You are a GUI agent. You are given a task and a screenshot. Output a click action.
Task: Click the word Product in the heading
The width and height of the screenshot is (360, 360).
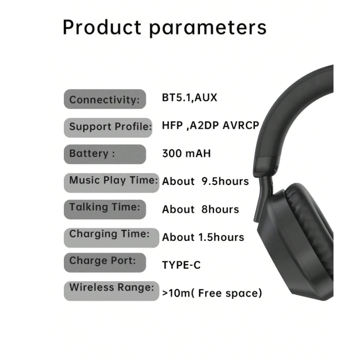(x=102, y=27)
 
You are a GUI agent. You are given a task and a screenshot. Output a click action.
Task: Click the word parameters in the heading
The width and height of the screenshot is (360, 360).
(x=208, y=29)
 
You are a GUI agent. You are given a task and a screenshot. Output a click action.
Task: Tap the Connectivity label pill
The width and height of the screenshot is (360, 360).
(x=105, y=99)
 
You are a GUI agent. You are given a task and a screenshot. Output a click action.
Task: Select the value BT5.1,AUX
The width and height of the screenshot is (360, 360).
(x=190, y=97)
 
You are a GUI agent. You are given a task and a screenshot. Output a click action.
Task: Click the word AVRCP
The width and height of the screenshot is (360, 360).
(x=241, y=125)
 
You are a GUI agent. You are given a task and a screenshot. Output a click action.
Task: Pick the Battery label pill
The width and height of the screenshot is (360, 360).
(x=105, y=154)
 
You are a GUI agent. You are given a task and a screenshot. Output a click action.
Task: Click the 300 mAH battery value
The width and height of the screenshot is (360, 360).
(x=186, y=153)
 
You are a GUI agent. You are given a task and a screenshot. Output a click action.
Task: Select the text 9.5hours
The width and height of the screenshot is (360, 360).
(x=225, y=181)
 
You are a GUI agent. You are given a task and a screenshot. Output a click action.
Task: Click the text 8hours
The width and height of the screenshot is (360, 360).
(x=220, y=209)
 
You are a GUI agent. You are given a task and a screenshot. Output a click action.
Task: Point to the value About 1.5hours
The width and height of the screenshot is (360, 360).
(x=203, y=237)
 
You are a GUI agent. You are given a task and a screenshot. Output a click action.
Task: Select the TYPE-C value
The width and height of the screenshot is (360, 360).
(x=181, y=265)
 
